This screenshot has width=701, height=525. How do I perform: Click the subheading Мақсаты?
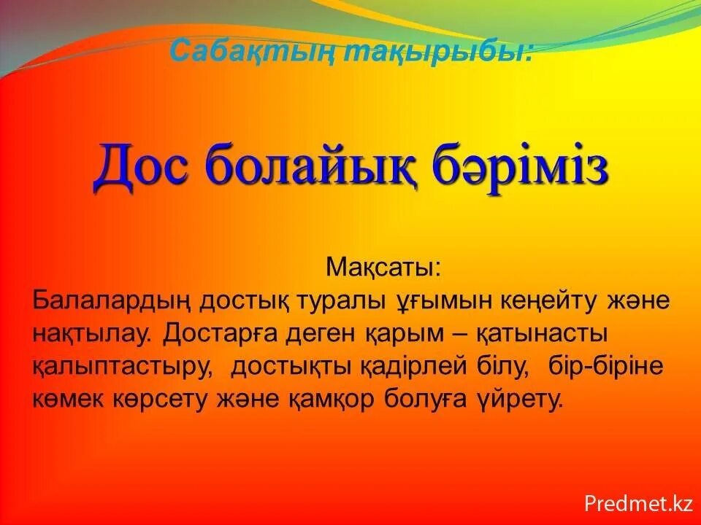pos(383,267)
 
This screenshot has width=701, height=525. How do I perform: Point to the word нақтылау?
pos(92,334)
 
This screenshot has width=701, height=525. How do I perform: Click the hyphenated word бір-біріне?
pos(605,367)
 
